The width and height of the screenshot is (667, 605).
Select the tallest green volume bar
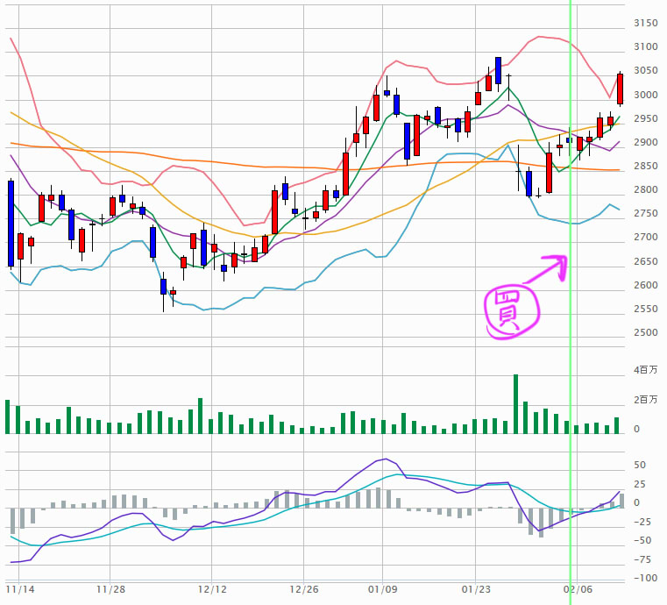515,404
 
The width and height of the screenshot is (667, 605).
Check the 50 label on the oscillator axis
641,466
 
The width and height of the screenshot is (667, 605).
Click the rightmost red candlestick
620,89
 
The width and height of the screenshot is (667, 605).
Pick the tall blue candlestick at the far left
11,223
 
